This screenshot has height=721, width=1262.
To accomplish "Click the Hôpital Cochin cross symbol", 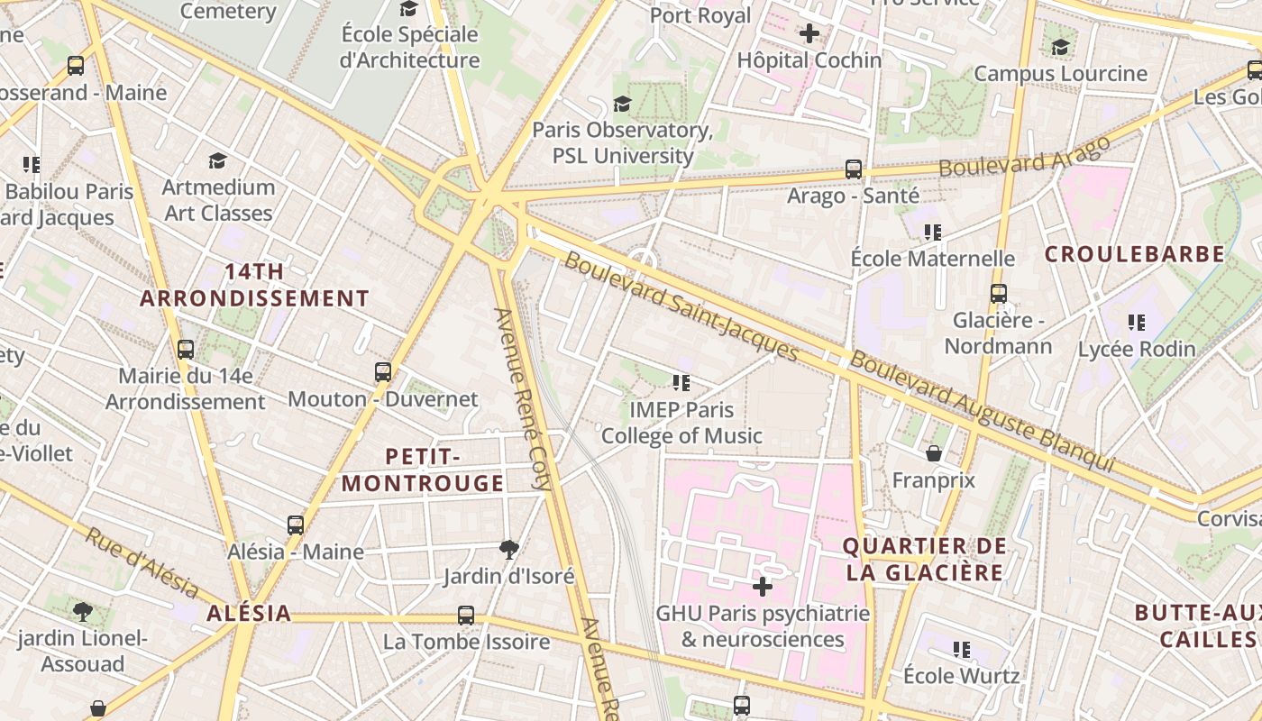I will (x=809, y=33).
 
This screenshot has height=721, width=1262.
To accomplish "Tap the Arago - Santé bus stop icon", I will (x=853, y=169).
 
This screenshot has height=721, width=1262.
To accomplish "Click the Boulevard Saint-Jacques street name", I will (x=681, y=306).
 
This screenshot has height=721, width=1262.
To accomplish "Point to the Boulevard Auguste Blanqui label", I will (x=983, y=411).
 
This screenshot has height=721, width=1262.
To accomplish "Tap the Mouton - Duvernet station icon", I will (x=383, y=371).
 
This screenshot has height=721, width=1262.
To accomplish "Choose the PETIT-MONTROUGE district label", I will (x=423, y=470).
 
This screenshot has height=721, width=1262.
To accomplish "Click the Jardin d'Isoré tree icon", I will (x=509, y=549).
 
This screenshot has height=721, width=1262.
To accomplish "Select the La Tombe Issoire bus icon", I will (x=466, y=616).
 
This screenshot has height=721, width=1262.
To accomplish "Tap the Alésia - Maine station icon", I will (x=296, y=525).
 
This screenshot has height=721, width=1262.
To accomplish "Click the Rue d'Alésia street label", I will (x=142, y=562).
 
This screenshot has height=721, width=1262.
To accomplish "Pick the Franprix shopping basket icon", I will (x=934, y=453).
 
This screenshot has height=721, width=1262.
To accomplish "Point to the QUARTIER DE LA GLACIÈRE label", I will (x=924, y=559).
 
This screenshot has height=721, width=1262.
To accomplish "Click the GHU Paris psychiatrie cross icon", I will (x=763, y=587).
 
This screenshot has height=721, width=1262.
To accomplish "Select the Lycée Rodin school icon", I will (x=1137, y=322).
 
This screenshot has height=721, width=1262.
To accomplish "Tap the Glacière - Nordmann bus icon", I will (x=998, y=293).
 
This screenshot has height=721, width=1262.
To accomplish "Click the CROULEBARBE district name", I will (x=1134, y=254).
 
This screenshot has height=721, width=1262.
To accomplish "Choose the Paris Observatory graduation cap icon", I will (x=622, y=104).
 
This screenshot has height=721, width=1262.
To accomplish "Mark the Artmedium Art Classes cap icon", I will (x=217, y=160).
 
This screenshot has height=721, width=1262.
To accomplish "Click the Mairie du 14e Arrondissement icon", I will (x=186, y=349).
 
